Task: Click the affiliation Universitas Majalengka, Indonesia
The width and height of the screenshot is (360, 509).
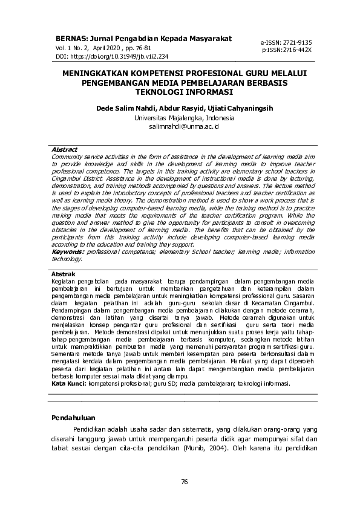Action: [x=179, y=118]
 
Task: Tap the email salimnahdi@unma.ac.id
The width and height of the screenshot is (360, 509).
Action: [x=179, y=127]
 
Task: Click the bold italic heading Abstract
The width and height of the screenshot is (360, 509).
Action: [x=64, y=149]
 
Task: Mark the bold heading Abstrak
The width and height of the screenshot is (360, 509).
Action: [x=63, y=274]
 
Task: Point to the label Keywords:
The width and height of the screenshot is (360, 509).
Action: [x=68, y=251]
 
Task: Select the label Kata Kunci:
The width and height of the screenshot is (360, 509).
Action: [x=69, y=383]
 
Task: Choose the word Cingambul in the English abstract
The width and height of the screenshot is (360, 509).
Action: [x=70, y=180]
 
